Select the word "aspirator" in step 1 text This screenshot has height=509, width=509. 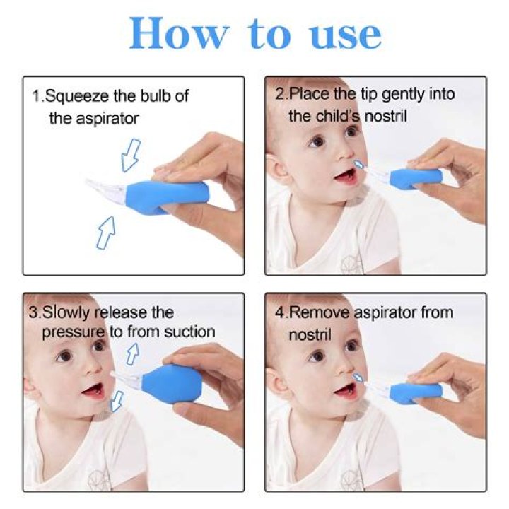tap(107, 118)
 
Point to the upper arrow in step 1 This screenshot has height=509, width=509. tap(131, 155)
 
